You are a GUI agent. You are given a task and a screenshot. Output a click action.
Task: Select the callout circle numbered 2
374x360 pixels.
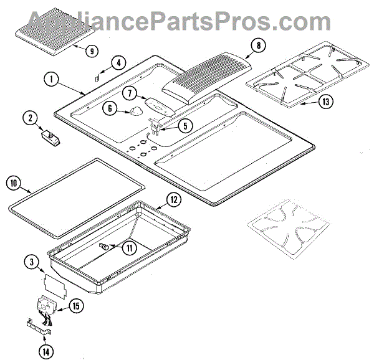pyautogui.click(x=29, y=117)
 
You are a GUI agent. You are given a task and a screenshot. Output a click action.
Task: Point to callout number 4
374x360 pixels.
pyautogui.click(x=118, y=62)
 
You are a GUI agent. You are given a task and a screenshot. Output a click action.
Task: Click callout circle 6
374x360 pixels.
pyautogui.click(x=110, y=108)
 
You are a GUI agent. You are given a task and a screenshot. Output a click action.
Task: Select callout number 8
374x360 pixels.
pyautogui.click(x=258, y=45)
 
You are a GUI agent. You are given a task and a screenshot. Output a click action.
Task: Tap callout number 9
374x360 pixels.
pyautogui.click(x=92, y=51)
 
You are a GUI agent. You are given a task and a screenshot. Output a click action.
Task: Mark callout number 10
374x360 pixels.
pyautogui.click(x=16, y=183)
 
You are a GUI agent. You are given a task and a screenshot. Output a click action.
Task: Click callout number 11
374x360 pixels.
pyautogui.click(x=130, y=247)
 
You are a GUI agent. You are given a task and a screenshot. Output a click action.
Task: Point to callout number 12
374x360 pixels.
pyautogui.click(x=174, y=201)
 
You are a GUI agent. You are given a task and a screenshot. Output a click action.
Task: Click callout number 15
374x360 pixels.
pyautogui.click(x=76, y=306)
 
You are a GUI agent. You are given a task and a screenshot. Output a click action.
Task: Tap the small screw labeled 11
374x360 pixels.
pyautogui.click(x=105, y=248)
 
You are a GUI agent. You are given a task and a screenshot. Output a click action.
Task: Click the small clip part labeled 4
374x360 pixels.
pyautogui.click(x=98, y=78)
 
